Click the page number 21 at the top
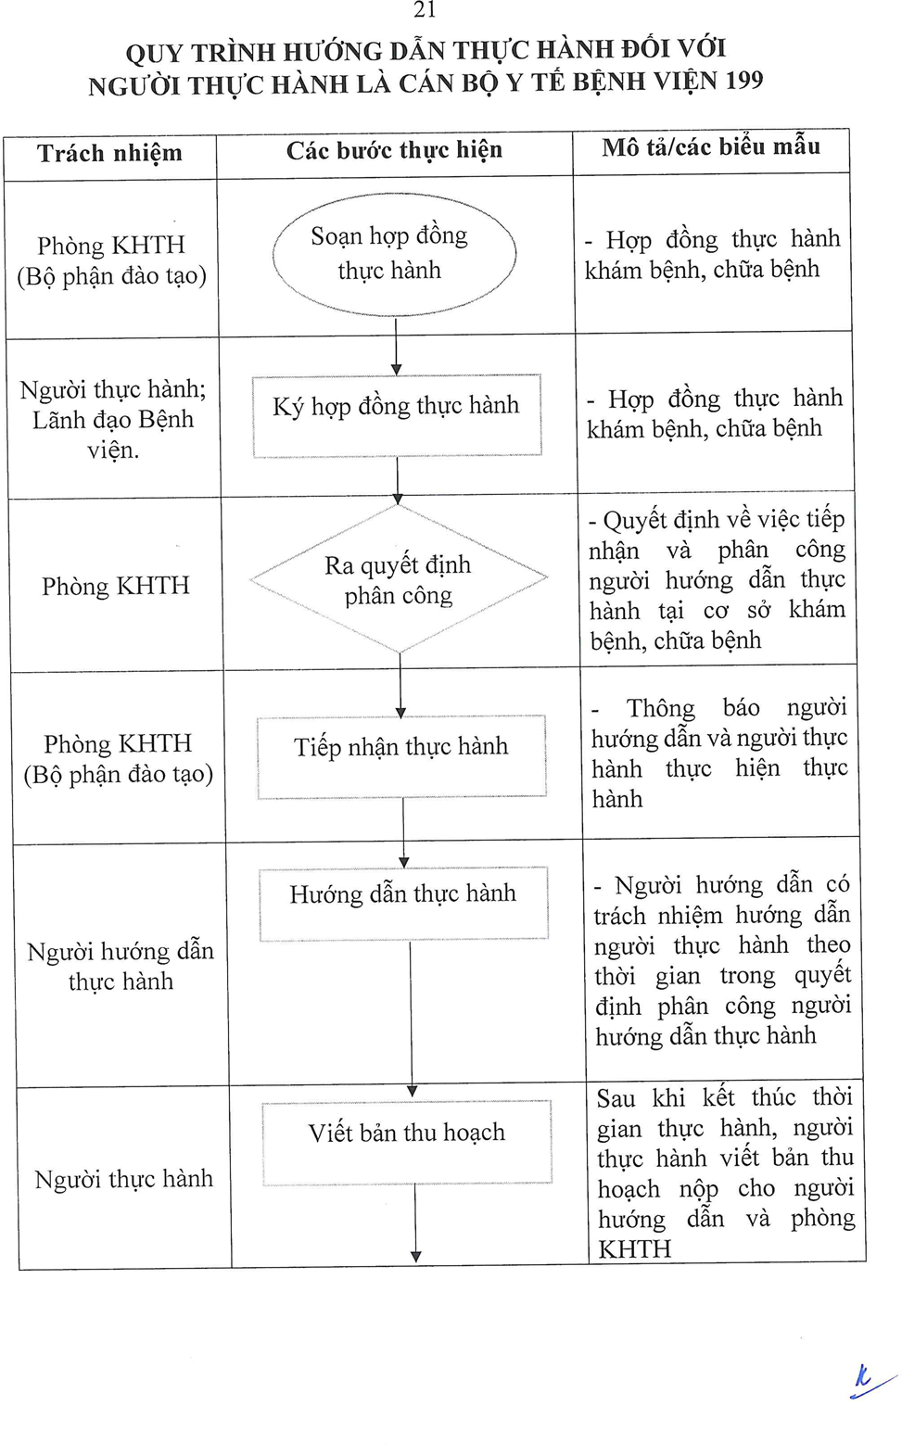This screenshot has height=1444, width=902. [x=425, y=10]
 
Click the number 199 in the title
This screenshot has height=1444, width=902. [x=743, y=81]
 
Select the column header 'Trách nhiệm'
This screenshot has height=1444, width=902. [x=109, y=153]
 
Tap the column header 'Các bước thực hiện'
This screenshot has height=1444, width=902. [x=394, y=150]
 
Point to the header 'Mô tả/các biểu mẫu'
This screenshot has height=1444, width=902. [x=710, y=146]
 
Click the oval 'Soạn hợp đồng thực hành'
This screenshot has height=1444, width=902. [x=394, y=253]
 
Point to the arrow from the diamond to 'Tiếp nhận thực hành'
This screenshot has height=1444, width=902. [x=400, y=685]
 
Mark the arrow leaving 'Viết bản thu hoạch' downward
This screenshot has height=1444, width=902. [x=415, y=1223]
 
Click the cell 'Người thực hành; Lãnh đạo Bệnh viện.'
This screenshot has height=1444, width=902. [x=113, y=419]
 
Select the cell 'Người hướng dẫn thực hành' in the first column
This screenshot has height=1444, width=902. [x=121, y=966]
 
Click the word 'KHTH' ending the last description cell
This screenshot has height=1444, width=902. [x=634, y=1249]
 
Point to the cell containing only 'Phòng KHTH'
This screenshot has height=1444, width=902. [x=116, y=586]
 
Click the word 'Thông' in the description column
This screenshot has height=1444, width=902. [x=660, y=708]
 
